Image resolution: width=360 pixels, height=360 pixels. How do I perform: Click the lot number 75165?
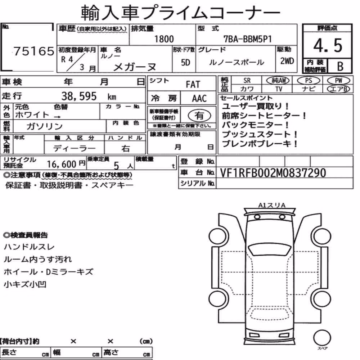(x=34, y=51)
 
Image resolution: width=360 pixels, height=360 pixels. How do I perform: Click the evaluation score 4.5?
(x=328, y=45)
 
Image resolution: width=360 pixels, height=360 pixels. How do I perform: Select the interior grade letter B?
(x=340, y=66)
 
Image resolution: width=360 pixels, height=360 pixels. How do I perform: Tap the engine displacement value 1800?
(x=164, y=39)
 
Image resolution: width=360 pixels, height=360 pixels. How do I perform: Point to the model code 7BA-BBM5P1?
(x=248, y=39)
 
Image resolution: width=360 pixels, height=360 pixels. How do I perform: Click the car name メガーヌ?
(x=135, y=67)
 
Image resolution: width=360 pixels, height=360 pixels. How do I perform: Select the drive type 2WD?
(x=287, y=61)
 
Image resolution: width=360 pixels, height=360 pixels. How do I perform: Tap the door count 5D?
(x=185, y=62)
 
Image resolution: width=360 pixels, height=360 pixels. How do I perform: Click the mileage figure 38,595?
(x=79, y=96)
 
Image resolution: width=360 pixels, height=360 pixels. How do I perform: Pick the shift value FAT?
(x=193, y=85)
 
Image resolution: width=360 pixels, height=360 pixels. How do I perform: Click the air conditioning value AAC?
(x=199, y=99)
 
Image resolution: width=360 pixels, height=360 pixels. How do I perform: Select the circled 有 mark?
(x=199, y=115)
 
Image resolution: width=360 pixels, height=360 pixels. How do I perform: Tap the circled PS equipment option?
(x=309, y=81)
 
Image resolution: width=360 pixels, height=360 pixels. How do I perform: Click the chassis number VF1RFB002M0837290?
(x=273, y=173)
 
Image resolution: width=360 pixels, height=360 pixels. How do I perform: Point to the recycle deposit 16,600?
(x=62, y=164)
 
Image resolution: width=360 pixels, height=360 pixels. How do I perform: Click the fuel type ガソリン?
(x=45, y=126)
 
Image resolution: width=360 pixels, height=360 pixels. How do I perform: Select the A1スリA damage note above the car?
(x=272, y=205)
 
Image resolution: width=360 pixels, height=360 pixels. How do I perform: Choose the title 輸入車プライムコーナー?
(x=180, y=13)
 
